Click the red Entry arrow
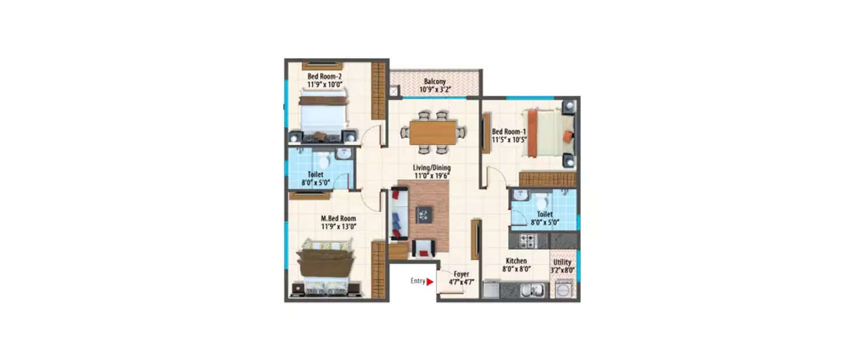coord(430,282)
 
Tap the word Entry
coord(418,282)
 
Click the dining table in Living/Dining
coord(433,132)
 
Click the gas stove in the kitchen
coord(528,240)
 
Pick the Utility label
coord(562,263)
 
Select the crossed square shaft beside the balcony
coord(393,90)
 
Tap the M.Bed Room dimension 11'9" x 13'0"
coord(338,226)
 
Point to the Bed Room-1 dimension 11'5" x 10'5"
coord(509,139)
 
